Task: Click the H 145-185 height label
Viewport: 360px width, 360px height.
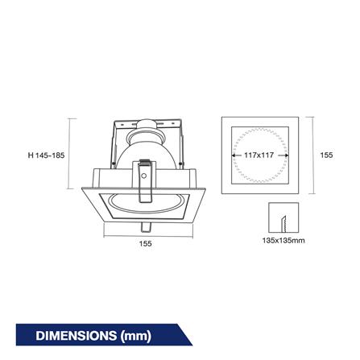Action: [x=46, y=155]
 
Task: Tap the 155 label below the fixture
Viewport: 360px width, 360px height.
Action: [x=145, y=243]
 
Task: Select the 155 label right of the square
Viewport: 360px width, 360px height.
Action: [x=326, y=155]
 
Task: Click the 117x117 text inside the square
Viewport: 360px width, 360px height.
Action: [x=259, y=155]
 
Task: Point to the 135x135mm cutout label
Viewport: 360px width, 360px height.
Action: [x=283, y=240]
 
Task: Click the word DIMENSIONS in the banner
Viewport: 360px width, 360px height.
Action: [x=76, y=336]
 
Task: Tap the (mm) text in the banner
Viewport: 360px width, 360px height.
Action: [x=136, y=336]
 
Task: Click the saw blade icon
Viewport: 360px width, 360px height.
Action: [x=283, y=224]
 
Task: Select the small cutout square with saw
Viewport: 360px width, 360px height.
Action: [x=283, y=217]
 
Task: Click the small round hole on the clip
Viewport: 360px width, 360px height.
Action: [x=144, y=176]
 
